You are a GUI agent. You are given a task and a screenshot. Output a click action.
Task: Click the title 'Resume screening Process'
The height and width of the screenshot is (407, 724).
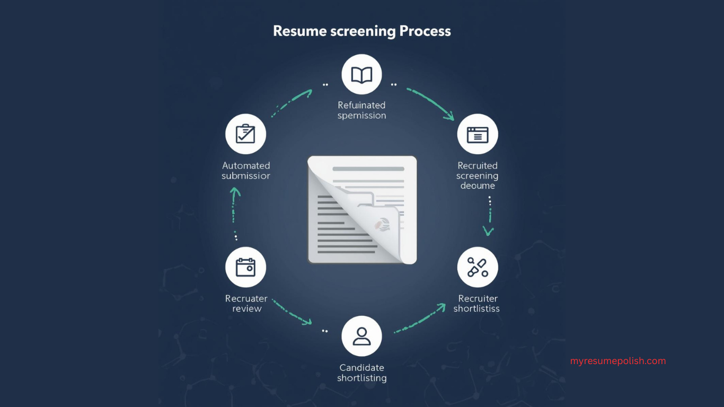(x=362, y=31)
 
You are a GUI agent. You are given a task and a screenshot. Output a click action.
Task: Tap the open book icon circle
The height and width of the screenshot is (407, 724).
(x=362, y=75)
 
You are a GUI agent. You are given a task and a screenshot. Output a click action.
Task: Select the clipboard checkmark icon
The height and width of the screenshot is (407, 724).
(x=245, y=134)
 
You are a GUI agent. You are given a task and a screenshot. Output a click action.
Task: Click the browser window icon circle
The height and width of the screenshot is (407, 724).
(x=478, y=134)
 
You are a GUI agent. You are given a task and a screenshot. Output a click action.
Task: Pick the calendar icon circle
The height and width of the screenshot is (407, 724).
(x=245, y=267)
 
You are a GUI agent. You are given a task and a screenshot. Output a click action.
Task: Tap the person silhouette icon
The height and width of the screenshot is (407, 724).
(x=362, y=336)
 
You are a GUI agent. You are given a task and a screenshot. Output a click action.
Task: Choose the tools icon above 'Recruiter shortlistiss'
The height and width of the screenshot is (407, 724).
(x=478, y=267)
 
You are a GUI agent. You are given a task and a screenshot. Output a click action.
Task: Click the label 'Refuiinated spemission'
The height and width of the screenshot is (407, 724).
(x=362, y=110)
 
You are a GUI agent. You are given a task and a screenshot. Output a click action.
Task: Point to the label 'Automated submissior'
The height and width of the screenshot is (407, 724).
(x=246, y=171)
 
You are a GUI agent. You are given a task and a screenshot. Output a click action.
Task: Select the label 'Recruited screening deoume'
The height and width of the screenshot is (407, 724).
(x=478, y=175)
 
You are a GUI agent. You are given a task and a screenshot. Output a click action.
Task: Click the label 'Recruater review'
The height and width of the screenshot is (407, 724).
(x=246, y=304)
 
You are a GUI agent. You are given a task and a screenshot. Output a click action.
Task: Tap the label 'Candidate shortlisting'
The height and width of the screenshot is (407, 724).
(x=362, y=373)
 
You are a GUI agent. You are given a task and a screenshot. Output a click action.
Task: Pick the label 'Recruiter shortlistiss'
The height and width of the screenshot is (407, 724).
(x=477, y=304)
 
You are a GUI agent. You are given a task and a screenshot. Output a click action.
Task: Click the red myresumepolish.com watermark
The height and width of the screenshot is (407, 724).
(x=618, y=361)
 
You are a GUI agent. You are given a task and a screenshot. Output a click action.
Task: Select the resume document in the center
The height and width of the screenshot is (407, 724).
(x=362, y=210)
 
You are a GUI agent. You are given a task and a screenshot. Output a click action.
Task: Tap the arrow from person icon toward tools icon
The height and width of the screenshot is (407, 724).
(x=420, y=318)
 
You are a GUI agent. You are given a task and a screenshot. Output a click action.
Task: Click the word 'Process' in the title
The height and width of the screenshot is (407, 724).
(x=425, y=31)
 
